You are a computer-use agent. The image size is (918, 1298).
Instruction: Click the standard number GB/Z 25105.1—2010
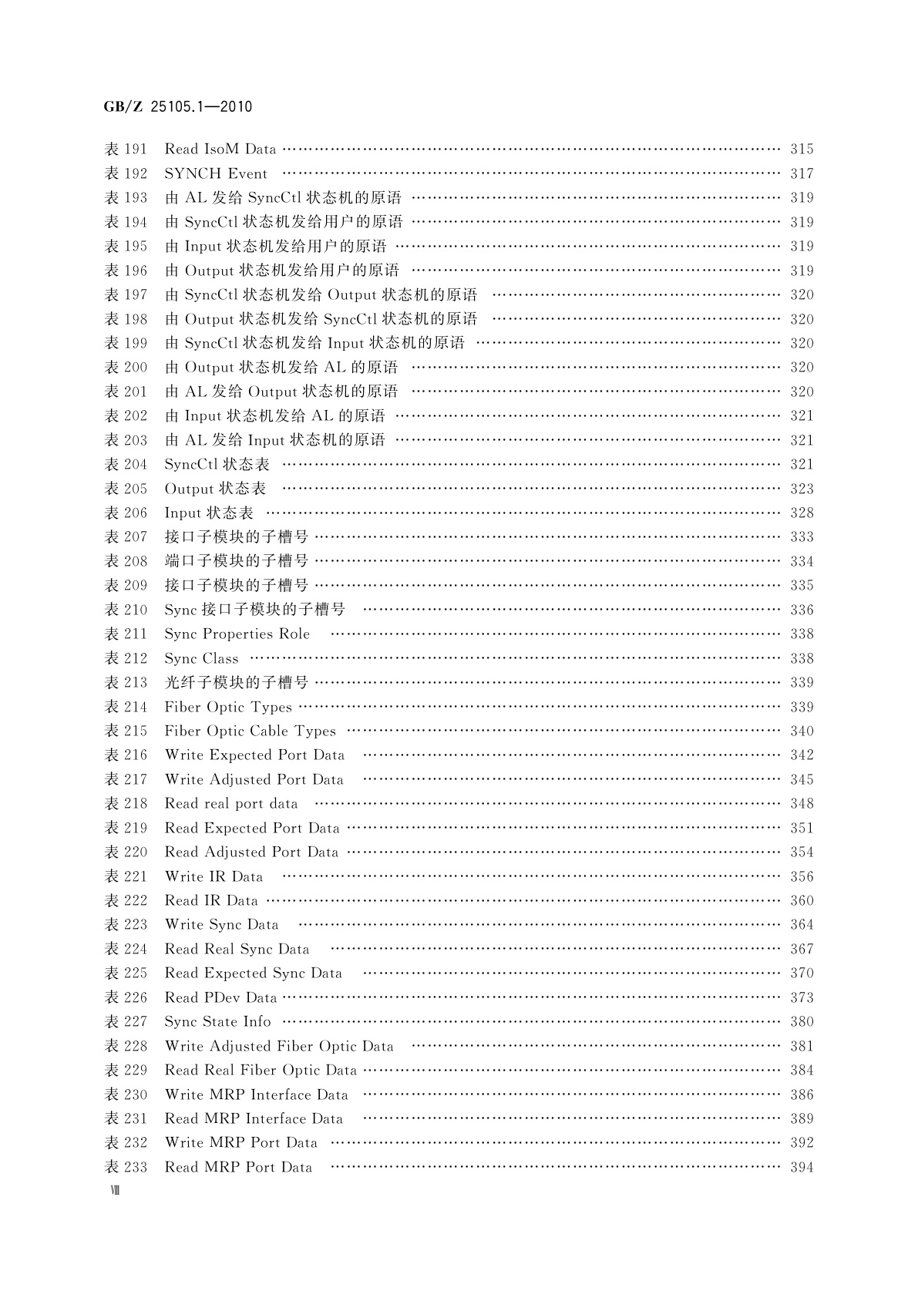click(177, 106)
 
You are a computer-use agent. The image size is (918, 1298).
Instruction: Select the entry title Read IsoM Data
click(220, 149)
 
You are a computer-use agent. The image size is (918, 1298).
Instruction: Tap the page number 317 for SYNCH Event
click(802, 173)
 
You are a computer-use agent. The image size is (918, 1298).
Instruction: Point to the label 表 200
click(126, 368)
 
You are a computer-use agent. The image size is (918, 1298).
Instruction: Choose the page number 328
click(802, 513)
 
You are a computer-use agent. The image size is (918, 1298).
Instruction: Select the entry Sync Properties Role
click(237, 634)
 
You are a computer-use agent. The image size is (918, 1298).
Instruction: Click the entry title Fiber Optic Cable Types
click(250, 731)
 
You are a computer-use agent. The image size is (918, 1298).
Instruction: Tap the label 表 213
click(126, 682)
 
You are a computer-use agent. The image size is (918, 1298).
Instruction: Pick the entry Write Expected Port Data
click(254, 755)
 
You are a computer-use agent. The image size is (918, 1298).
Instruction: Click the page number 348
click(802, 803)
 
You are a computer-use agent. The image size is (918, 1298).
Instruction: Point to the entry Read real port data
click(230, 803)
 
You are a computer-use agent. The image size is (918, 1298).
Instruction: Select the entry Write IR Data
click(214, 876)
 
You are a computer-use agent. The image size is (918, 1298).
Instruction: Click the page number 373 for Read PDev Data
click(802, 997)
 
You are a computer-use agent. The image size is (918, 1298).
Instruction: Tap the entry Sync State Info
click(217, 1021)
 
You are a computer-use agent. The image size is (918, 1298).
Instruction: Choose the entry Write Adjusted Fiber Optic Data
click(279, 1046)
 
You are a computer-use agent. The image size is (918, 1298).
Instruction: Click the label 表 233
click(126, 1167)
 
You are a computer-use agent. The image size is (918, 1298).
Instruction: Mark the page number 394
click(802, 1167)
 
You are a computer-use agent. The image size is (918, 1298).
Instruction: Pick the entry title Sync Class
click(201, 658)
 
